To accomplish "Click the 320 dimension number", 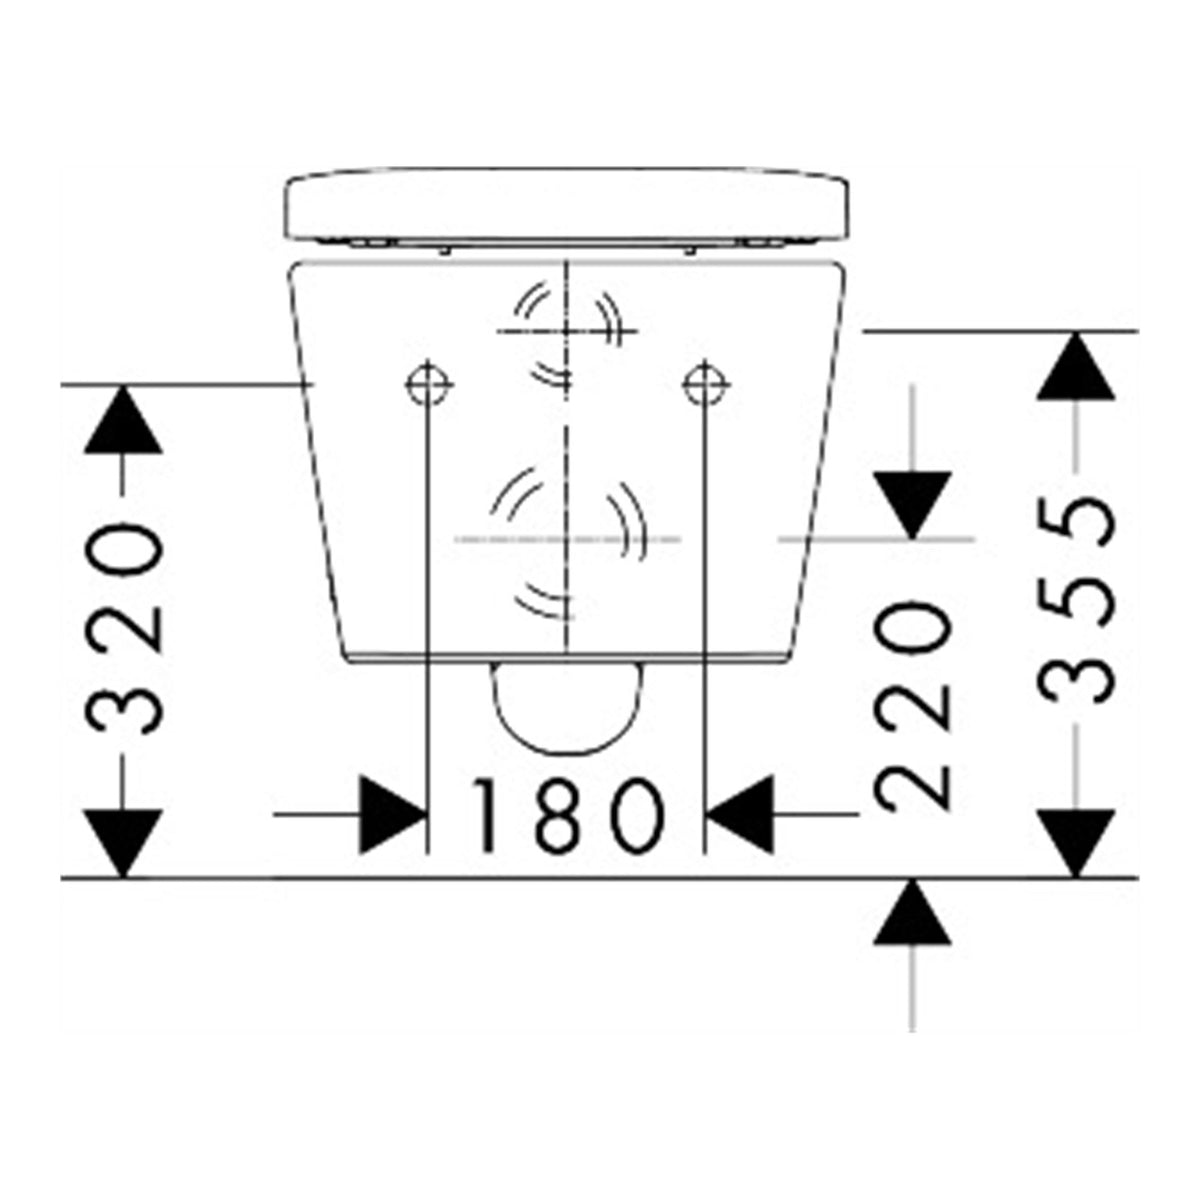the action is pos(123,630).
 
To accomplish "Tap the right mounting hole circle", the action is pos(706,385).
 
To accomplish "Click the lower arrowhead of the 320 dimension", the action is pos(123,844).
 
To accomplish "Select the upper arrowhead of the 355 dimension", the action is pos(1075,366).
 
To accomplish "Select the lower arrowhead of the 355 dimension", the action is pos(1075,844).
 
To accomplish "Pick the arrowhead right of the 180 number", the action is pos(739,814).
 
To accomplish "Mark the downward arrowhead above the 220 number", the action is pos(912,505).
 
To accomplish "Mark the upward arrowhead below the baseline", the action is pos(912,912).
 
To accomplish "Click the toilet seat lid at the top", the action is pos(566,206).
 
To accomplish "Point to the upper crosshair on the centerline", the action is pos(567,331).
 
